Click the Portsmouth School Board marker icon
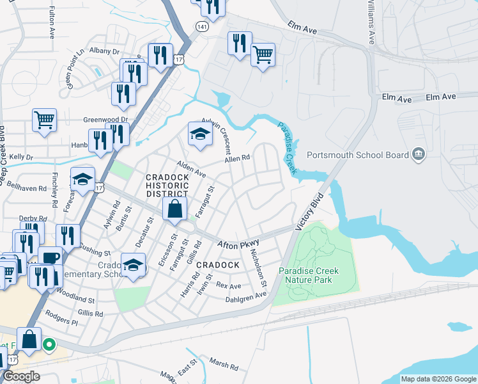[419, 154]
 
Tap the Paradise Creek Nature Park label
[309, 275]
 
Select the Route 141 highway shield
[202, 28]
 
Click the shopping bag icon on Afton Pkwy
[174, 209]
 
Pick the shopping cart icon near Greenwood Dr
[44, 120]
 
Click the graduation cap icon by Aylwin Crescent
[199, 134]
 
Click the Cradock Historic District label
[167, 185]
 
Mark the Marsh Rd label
[224, 365]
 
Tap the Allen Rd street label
[237, 159]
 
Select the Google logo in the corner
[21, 376]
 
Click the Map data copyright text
[438, 379]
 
